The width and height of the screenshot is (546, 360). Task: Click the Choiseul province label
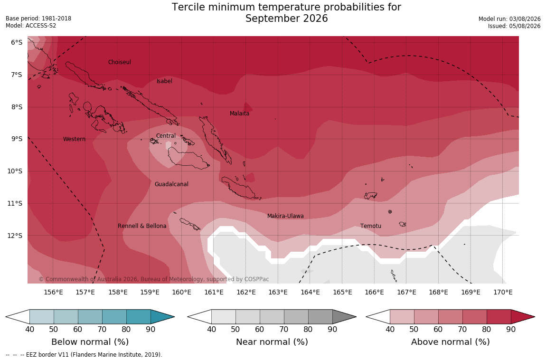tap(120, 62)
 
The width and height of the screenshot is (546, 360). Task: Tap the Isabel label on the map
tap(164, 81)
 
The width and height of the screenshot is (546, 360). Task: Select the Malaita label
tap(240, 113)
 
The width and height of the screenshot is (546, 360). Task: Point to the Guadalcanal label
tap(171, 184)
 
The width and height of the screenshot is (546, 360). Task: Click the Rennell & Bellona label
tap(142, 226)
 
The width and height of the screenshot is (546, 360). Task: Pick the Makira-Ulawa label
tap(285, 216)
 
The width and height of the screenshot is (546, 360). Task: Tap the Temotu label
tap(371, 226)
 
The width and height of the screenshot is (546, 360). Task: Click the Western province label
tap(74, 139)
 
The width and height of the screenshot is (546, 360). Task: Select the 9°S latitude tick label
tap(16, 139)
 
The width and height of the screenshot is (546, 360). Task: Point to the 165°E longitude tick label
tap(342, 292)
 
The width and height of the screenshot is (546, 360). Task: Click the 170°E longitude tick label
tap(503, 292)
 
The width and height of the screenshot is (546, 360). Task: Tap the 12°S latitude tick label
tap(15, 236)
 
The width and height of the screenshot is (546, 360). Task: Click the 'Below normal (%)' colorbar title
tap(90, 342)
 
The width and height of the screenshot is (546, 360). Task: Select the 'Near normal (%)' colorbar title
tap(272, 342)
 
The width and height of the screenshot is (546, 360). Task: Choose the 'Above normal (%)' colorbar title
tap(451, 342)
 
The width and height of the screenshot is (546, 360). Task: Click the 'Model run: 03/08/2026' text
tap(509, 19)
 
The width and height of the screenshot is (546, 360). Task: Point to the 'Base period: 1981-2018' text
tap(38, 19)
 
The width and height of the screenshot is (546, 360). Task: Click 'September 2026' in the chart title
tap(287, 19)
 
